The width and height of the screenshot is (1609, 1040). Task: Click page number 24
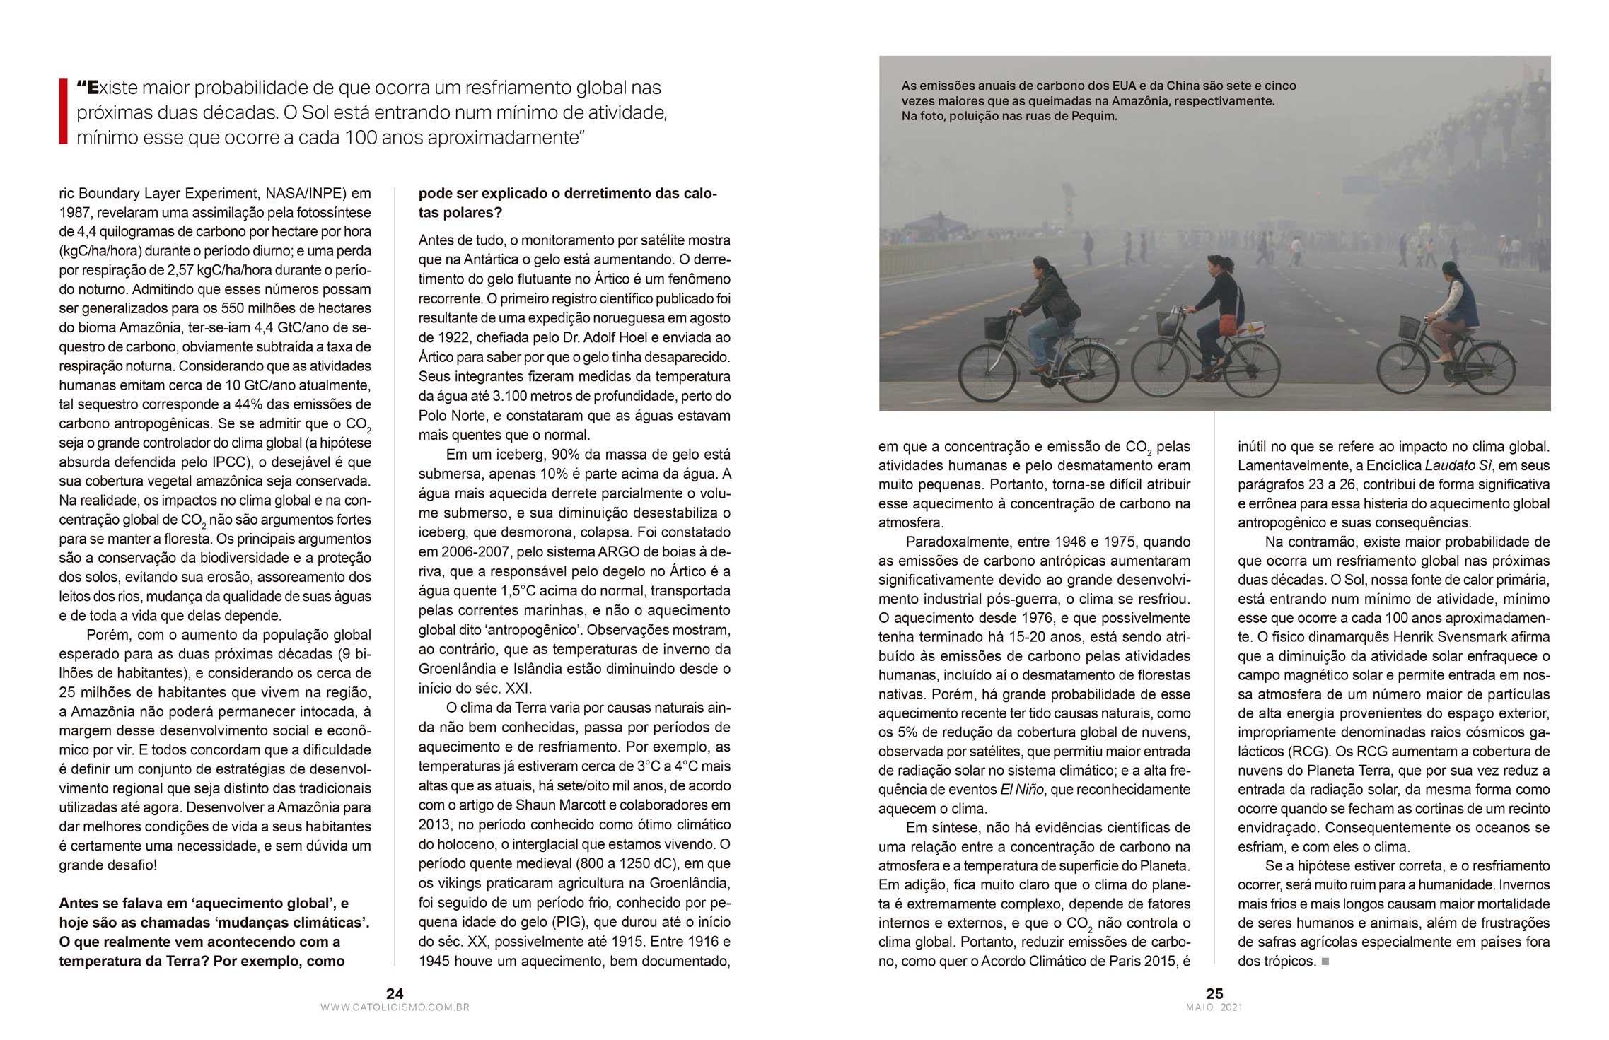395,993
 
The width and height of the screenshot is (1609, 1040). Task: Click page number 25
1214,993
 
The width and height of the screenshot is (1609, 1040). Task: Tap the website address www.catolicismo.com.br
395,1007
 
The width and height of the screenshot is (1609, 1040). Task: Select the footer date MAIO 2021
1214,1007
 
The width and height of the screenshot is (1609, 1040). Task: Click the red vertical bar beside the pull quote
63,112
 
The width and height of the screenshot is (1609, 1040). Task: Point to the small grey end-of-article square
1325,962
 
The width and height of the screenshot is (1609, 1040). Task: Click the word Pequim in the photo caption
1095,116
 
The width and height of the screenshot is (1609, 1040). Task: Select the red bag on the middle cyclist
1229,325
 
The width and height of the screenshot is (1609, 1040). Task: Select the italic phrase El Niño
1021,790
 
